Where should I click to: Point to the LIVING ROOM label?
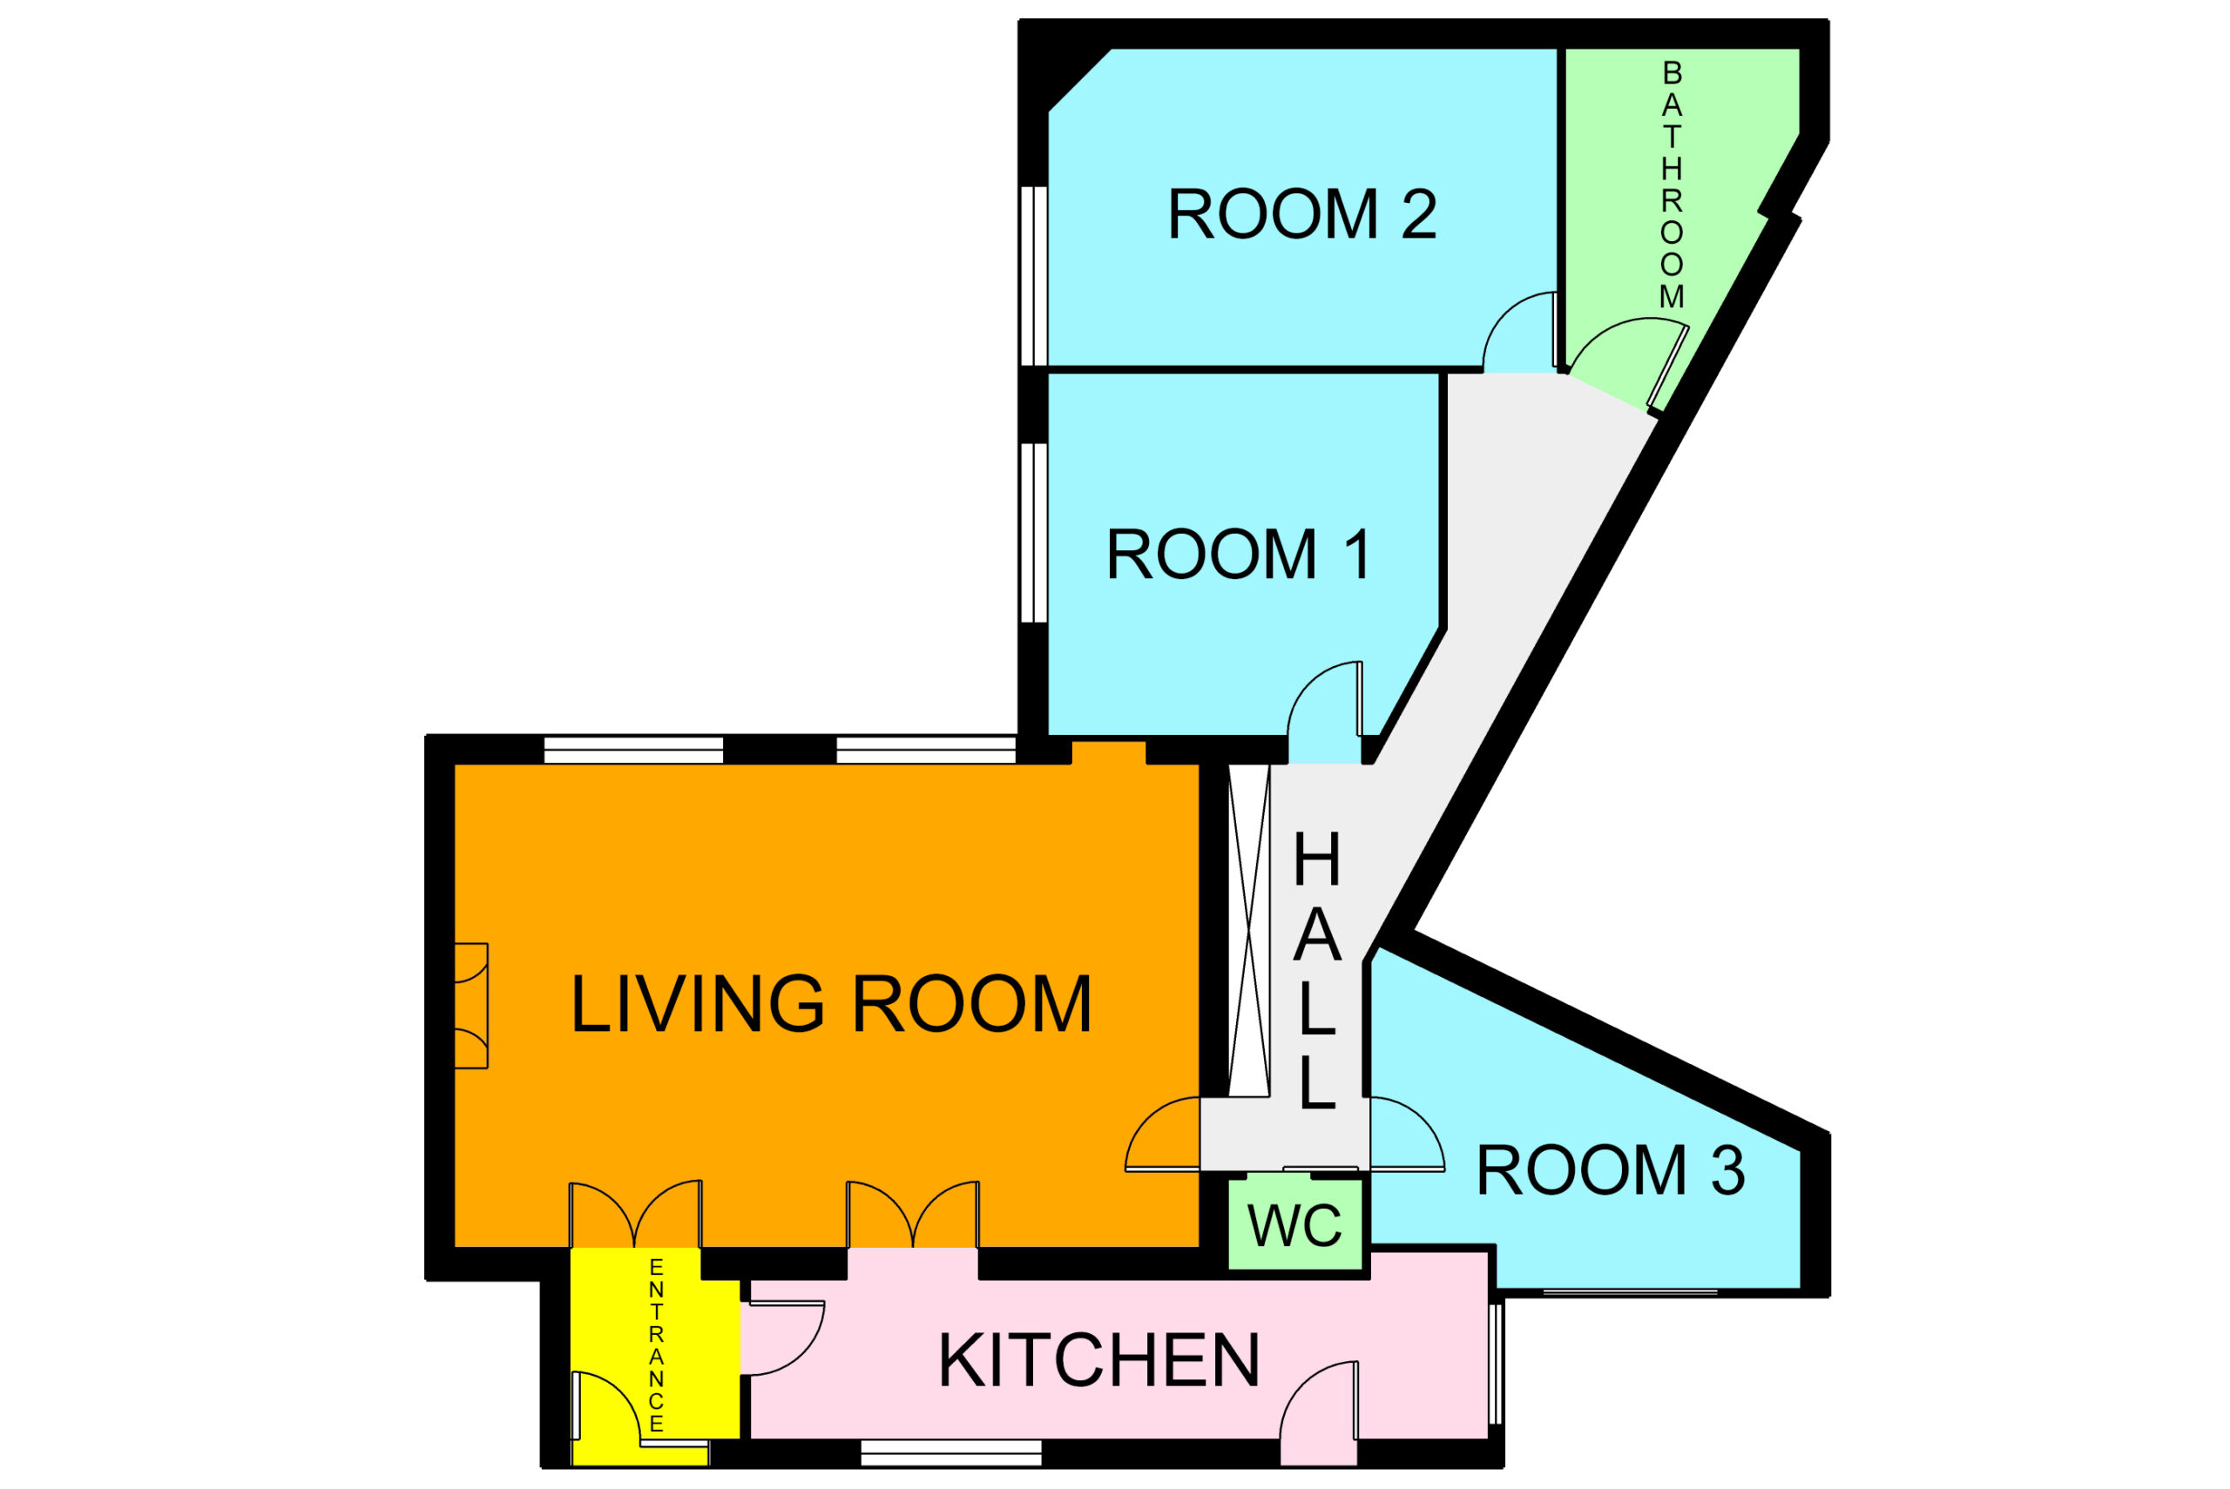point(830,1004)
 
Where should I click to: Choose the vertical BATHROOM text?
point(1672,185)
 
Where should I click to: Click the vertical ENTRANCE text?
point(656,1345)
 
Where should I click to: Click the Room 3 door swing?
point(1406,1134)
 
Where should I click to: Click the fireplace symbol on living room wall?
point(471,1006)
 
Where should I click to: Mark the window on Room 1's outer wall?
point(1033,533)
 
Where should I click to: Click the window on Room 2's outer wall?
point(1033,275)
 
